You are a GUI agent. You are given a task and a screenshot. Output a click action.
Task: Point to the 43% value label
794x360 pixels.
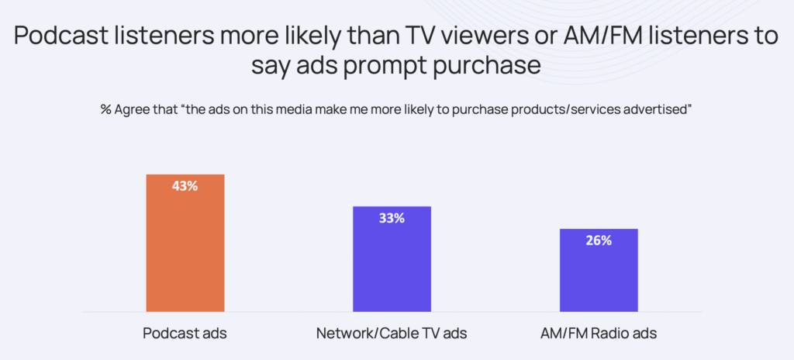pyautogui.click(x=185, y=186)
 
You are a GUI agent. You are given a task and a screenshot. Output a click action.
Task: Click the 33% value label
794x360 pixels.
pyautogui.click(x=392, y=218)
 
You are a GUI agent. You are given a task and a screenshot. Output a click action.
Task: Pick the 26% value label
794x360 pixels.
pyautogui.click(x=599, y=241)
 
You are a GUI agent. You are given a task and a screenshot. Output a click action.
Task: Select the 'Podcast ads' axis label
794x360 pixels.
pyautogui.click(x=185, y=334)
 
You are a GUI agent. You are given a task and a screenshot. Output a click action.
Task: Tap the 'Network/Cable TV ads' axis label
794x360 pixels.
pyautogui.click(x=392, y=334)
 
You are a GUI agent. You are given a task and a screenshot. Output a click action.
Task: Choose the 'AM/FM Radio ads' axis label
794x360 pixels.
pyautogui.click(x=599, y=334)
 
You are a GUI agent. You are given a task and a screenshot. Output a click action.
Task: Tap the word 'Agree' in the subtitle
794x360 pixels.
pyautogui.click(x=135, y=109)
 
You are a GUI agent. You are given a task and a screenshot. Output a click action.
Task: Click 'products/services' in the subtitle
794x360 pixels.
pyautogui.click(x=563, y=109)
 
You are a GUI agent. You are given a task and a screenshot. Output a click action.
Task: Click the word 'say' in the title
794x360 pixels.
pyautogui.click(x=271, y=66)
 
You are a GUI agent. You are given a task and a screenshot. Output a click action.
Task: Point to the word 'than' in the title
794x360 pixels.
pyautogui.click(x=364, y=36)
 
